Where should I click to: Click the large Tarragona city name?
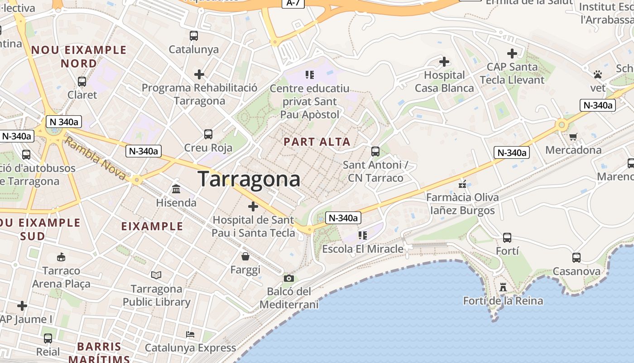[x=249, y=179]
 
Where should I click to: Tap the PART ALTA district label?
[x=317, y=142]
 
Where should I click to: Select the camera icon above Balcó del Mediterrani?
[x=289, y=278]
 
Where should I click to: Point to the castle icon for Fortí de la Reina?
[x=503, y=287]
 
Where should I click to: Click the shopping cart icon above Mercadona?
[x=573, y=136]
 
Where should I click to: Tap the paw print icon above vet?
[x=598, y=74]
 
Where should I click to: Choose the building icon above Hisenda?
[x=176, y=189]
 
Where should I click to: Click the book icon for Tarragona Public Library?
[x=156, y=275]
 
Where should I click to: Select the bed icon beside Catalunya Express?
[x=190, y=334]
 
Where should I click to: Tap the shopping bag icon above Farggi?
[x=245, y=256]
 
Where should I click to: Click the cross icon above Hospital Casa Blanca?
[x=444, y=61]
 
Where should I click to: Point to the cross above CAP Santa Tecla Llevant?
[x=512, y=54]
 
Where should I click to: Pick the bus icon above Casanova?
[x=576, y=258]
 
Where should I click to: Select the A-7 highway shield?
[x=293, y=3]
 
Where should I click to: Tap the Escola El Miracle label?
[x=362, y=249]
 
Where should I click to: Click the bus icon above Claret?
[x=82, y=82]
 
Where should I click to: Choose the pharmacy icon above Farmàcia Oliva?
[x=462, y=184]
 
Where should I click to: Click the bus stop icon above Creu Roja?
[x=208, y=134]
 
